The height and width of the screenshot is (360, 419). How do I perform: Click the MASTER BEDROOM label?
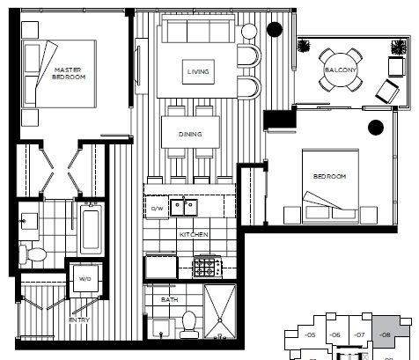click(x=69, y=73)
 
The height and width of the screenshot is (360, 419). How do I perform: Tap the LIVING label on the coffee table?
click(x=198, y=71)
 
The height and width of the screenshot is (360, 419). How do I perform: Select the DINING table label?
click(x=190, y=134)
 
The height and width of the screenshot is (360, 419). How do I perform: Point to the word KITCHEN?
click(x=194, y=234)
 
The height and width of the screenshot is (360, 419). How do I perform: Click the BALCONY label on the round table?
click(x=341, y=70)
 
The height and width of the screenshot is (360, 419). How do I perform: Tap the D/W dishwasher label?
click(x=157, y=209)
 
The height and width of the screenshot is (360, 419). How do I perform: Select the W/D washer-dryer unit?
click(x=85, y=278)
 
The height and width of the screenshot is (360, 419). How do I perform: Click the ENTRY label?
click(x=79, y=320)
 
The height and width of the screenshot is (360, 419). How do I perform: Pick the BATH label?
click(x=169, y=299)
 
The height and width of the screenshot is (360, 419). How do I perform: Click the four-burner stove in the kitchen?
click(x=208, y=267)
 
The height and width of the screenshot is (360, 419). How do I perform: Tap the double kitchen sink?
click(x=184, y=208)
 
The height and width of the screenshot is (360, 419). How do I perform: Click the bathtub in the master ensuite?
click(x=91, y=229)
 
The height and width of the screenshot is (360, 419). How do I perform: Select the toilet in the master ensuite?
click(x=33, y=254)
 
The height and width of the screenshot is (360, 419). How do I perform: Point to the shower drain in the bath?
click(x=220, y=320)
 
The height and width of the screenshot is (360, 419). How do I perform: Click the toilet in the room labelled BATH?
click(x=189, y=325)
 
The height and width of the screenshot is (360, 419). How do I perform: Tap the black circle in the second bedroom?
click(x=376, y=128)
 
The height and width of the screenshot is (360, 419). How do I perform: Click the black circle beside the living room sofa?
click(x=275, y=29)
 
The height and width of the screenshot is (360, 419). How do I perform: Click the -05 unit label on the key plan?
click(x=310, y=334)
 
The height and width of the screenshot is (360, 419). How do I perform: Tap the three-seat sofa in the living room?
click(x=198, y=29)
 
